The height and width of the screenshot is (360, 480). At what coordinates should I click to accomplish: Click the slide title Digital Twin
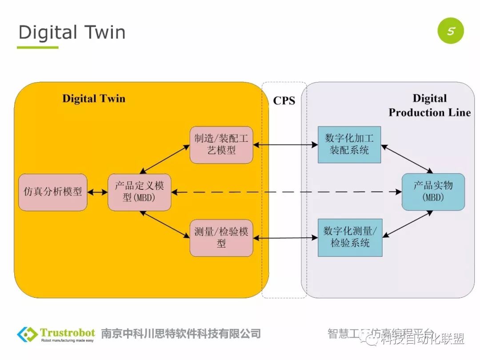coord(72,32)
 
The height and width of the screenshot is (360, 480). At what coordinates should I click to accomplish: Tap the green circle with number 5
coord(450,31)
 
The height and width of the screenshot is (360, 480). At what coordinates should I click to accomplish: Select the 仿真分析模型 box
coord(53,192)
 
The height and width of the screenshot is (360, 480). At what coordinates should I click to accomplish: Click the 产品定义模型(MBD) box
coord(140,192)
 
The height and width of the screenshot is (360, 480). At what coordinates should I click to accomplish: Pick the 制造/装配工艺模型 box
coord(221,144)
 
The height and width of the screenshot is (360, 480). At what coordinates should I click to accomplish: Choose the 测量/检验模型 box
coord(221,237)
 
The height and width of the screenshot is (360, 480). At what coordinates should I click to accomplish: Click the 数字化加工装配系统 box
coord(349,144)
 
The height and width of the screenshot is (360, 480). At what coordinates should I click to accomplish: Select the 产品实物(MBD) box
coord(433,192)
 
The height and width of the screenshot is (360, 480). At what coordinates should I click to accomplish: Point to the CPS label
coord(284,101)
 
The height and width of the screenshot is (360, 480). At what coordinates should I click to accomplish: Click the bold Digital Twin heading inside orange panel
coord(94,99)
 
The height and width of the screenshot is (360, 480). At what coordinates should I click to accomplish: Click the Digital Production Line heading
coord(429,105)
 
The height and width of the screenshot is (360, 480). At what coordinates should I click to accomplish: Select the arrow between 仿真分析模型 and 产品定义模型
coord(98,192)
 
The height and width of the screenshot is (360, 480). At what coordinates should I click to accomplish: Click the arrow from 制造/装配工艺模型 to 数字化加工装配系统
coord(285,145)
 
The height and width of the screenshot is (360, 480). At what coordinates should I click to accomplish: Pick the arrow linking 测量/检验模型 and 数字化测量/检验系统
coord(285,238)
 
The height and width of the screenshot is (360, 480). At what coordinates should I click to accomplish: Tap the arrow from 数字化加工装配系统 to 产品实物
coord(407,159)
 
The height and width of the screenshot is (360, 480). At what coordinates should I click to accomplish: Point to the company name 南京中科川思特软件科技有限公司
coord(181,334)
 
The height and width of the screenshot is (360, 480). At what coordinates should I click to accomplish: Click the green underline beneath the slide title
coord(38,48)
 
